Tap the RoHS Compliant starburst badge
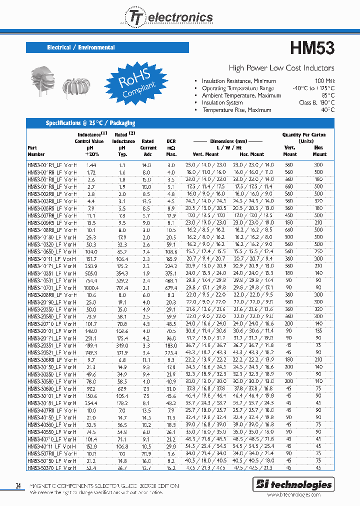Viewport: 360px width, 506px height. [x=135, y=81]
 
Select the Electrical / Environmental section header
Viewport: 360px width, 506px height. [x=81, y=47]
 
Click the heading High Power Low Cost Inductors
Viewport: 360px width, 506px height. [x=281, y=68]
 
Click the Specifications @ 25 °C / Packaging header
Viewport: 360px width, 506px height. [x=90, y=123]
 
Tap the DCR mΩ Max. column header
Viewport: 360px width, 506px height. [x=171, y=147]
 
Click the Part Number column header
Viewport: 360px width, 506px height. [x=36, y=151]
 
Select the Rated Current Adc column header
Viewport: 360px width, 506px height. [x=148, y=147]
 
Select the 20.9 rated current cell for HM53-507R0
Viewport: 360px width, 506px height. [x=146, y=453]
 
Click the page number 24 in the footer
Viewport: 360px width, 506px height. [x=18, y=485]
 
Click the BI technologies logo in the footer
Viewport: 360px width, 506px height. [x=293, y=484]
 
